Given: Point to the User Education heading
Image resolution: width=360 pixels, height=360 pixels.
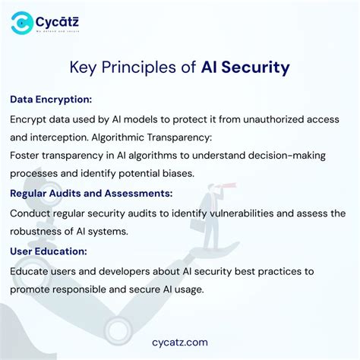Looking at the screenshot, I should pos(49,251).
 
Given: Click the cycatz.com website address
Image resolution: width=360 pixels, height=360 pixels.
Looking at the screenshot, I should pos(180,342).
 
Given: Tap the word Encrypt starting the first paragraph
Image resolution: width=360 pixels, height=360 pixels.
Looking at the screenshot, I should pos(30,119).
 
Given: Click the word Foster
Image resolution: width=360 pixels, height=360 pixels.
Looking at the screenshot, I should pos(27,156).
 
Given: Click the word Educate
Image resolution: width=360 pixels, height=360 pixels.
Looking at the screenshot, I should pos(33,271).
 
